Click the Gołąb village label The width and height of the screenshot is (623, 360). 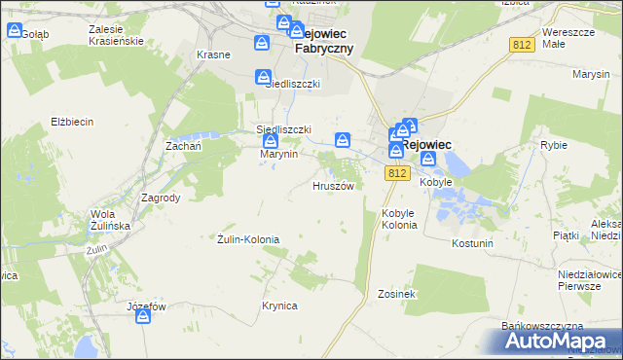click(35, 32)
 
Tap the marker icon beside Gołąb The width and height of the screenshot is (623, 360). click(14, 30)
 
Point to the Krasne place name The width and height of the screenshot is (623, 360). click(213, 54)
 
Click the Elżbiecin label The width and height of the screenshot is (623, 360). click(71, 122)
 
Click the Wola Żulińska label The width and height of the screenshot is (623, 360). click(109, 219)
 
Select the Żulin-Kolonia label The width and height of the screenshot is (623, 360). click(248, 238)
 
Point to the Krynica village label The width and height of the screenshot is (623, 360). click(278, 306)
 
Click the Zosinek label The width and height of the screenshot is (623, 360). click(397, 293)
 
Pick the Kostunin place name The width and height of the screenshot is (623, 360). click(473, 242)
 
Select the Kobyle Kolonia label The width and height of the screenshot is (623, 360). click(400, 219)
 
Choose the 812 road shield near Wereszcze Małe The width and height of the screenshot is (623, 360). click(522, 45)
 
